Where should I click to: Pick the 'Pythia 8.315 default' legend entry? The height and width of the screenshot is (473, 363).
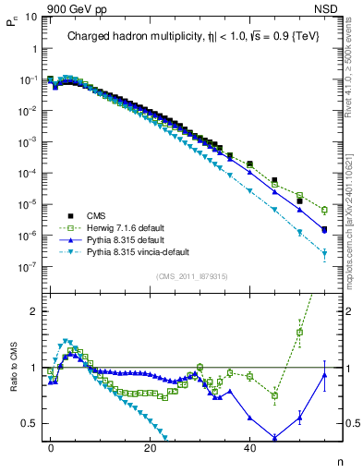120,237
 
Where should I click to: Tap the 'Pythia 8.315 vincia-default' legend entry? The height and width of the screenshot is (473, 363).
131,250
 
